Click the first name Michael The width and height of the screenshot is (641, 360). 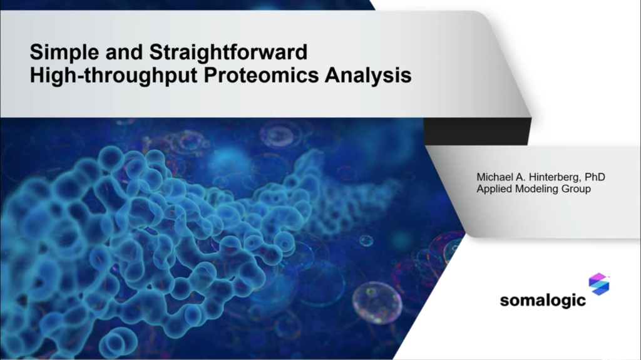pos(495,177)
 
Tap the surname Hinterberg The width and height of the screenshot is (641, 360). pos(552,177)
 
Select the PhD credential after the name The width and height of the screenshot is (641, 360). pos(595,177)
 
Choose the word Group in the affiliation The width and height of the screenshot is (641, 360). pos(577,189)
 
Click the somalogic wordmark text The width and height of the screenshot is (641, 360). pos(543,300)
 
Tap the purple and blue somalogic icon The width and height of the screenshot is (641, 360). pos(599,285)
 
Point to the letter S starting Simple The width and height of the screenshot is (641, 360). pos(36,50)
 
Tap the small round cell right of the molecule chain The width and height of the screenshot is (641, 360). pos(366,240)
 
